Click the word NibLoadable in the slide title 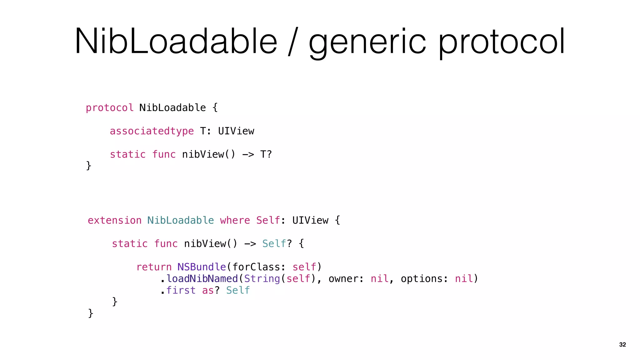(x=176, y=42)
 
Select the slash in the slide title (x=293, y=42)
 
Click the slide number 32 (x=622, y=344)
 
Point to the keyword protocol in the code (x=110, y=108)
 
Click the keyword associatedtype (x=152, y=131)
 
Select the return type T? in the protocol (x=266, y=154)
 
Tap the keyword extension (x=114, y=220)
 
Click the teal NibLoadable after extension (x=181, y=220)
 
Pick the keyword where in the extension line (x=235, y=220)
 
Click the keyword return (x=154, y=267)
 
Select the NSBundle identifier (x=202, y=267)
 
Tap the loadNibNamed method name (x=202, y=279)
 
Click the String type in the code (x=262, y=279)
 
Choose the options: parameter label (x=425, y=279)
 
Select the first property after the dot (x=181, y=290)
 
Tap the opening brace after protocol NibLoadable (x=215, y=108)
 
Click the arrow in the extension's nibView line (x=250, y=244)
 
